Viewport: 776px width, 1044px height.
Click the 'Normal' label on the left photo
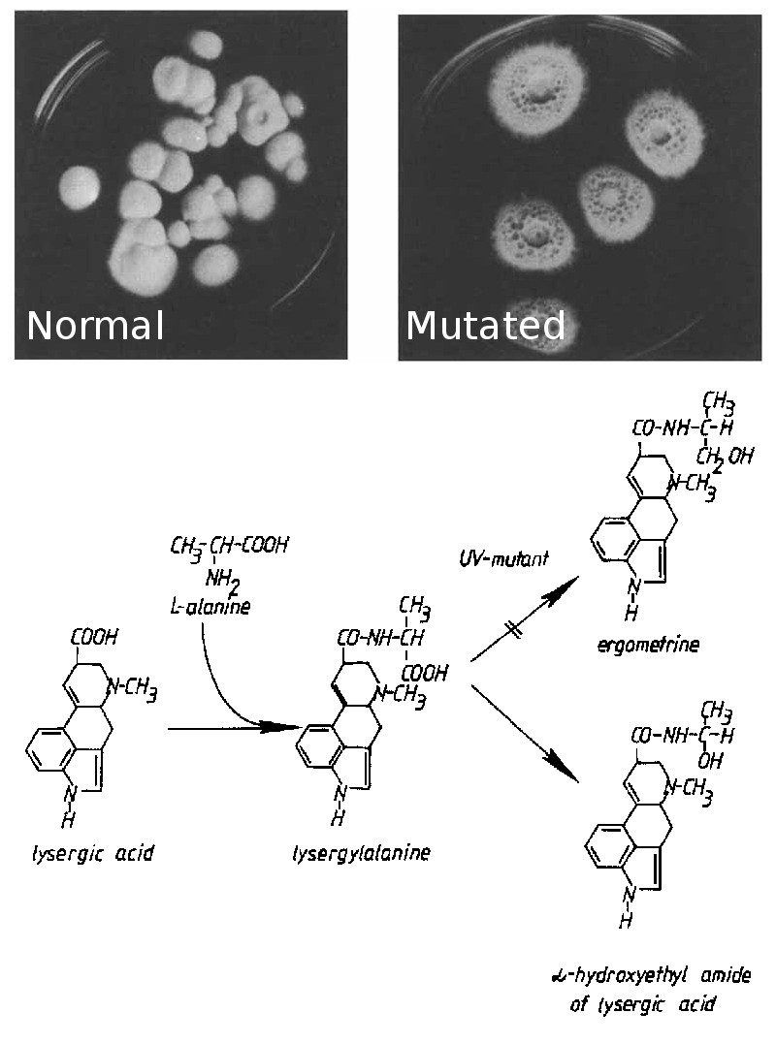point(95,326)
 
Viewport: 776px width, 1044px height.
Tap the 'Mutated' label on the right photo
point(485,326)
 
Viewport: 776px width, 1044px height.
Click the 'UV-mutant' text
point(503,559)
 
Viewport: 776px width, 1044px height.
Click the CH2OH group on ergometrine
point(724,456)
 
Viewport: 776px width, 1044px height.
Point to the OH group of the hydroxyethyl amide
point(710,762)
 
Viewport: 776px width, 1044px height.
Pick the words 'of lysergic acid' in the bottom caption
point(642,1004)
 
